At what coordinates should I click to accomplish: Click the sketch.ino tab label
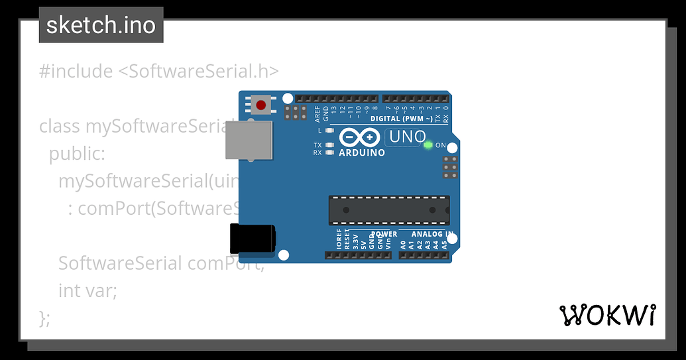[101, 25]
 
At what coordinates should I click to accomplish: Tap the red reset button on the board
[261, 105]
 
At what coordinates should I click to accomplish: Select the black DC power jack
[253, 239]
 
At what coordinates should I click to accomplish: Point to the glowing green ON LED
[428, 145]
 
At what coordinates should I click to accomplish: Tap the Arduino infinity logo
[360, 138]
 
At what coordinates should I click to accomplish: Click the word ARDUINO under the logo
[361, 152]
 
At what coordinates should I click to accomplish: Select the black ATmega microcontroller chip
[389, 210]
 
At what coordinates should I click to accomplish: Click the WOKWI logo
[608, 316]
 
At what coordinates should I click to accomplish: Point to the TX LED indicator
[330, 145]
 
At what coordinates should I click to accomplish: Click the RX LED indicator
[330, 152]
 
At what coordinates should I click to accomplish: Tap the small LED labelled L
[330, 131]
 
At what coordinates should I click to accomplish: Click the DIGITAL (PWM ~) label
[402, 119]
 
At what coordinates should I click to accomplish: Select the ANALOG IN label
[432, 234]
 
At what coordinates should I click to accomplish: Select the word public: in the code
[77, 154]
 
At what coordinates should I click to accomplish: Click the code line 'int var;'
[87, 290]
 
